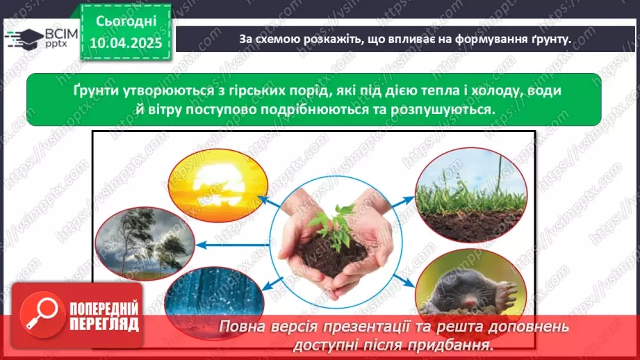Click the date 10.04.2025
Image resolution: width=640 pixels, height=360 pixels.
[x=126, y=44]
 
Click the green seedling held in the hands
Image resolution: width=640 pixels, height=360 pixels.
[x=332, y=224]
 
